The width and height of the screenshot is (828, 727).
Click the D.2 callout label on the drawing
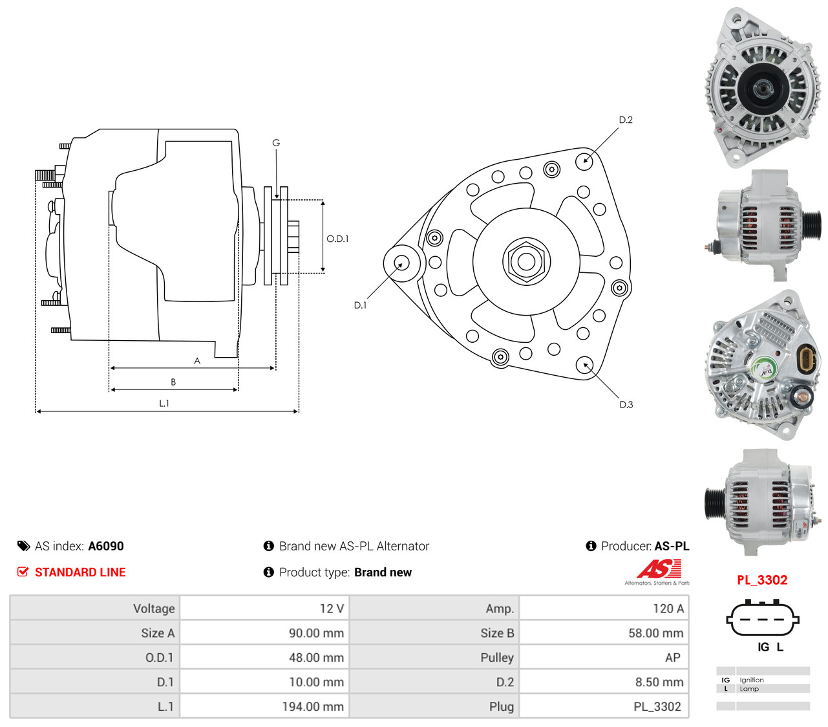pyautogui.click(x=625, y=120)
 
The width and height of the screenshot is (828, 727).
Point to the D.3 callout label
pyautogui.click(x=626, y=404)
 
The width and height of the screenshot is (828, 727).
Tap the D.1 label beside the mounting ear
pyautogui.click(x=360, y=305)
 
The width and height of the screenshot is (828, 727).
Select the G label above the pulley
pyautogui.click(x=276, y=143)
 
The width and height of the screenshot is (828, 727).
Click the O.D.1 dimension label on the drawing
pyautogui.click(x=337, y=239)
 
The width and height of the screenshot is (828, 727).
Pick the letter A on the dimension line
pyautogui.click(x=197, y=361)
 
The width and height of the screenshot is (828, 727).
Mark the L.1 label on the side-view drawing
pyautogui.click(x=164, y=404)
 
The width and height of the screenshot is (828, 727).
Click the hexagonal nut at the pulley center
pyautogui.click(x=526, y=261)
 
